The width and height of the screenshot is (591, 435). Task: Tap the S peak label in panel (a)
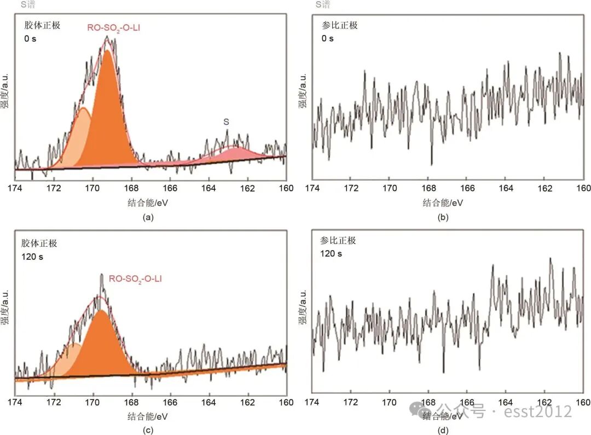(226, 122)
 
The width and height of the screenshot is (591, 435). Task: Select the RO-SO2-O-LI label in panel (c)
(135, 279)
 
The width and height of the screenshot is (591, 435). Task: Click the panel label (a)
(147, 217)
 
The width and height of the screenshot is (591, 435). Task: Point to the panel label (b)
(443, 217)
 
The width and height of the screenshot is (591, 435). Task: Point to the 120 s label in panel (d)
(331, 253)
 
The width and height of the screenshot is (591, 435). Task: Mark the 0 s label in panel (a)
(31, 39)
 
